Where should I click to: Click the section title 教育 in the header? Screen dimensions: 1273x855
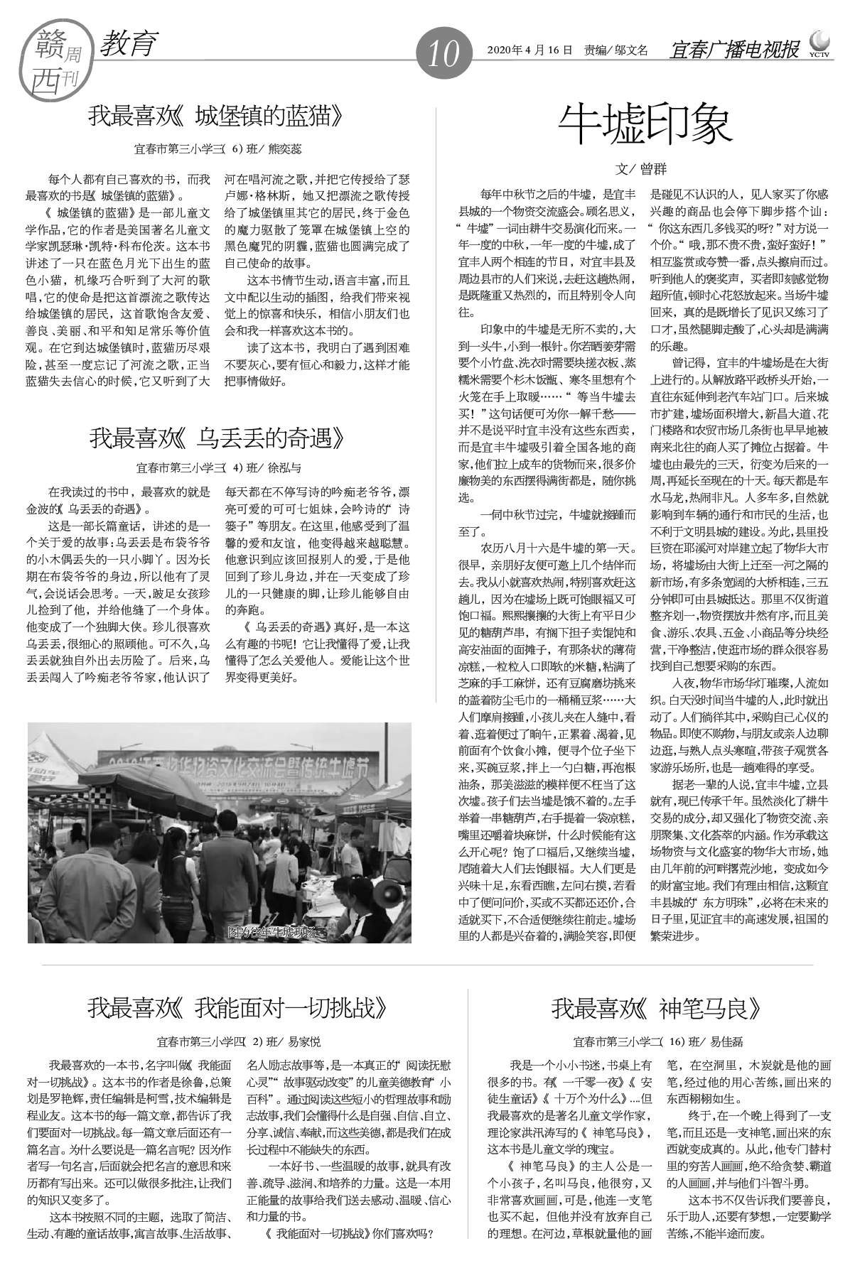(128, 44)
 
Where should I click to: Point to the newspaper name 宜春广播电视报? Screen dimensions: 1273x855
(735, 50)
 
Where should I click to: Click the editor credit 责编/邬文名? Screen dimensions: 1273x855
(616, 50)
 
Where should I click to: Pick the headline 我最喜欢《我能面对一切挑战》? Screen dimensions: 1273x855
(239, 1007)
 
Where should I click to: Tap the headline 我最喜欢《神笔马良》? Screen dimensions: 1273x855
(657, 1007)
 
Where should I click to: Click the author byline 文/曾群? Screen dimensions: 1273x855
(641, 169)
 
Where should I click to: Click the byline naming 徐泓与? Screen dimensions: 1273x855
(219, 468)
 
